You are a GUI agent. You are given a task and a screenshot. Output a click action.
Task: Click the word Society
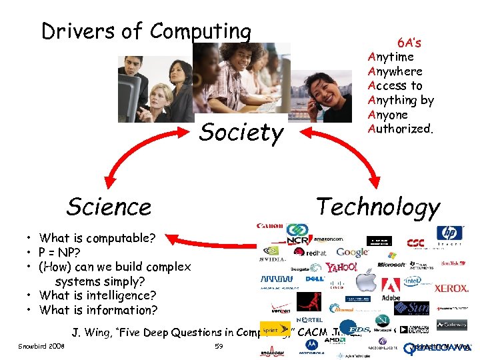tap(241, 133)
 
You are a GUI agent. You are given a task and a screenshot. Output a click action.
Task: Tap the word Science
tap(109, 207)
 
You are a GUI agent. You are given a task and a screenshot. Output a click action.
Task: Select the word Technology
tap(378, 207)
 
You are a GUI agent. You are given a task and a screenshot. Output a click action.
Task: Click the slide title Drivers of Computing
tap(146, 31)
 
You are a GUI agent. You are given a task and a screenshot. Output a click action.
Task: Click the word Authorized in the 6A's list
tap(399, 129)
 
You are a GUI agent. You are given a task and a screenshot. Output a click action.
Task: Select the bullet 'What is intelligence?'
tap(97, 295)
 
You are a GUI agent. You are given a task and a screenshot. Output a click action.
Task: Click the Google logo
tap(352, 252)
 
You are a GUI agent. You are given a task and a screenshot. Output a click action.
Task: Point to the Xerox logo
tap(451, 289)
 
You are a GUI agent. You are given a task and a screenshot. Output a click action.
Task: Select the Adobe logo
tap(390, 287)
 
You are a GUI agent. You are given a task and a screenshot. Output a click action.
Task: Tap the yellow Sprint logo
tap(269, 329)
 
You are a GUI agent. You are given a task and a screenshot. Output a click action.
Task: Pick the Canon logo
tap(270, 226)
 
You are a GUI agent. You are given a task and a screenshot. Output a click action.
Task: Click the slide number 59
tap(219, 347)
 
